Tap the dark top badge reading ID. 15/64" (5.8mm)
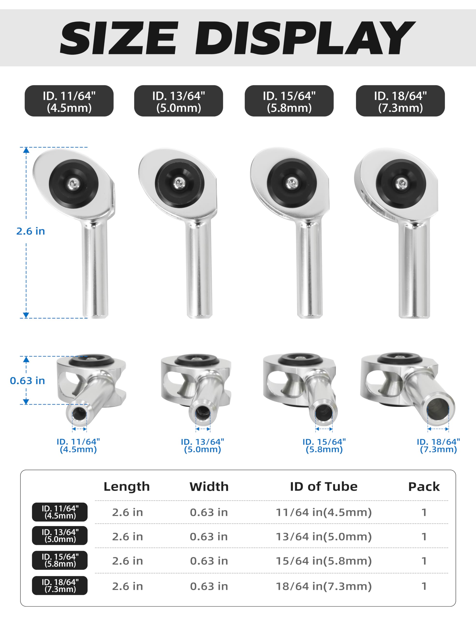coord(289,101)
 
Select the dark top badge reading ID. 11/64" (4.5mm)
coord(69,101)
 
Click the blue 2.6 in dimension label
coord(31,231)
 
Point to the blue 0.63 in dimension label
coord(28,381)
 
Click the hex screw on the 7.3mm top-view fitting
coord(401,183)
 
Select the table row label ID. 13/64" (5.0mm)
coord(60,536)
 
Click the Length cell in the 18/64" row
coord(127,586)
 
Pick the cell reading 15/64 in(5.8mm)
coord(323,561)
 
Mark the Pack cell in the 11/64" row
coord(424,512)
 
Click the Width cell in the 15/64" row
coord(209,561)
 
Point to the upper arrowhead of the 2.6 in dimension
coord(26,150)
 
